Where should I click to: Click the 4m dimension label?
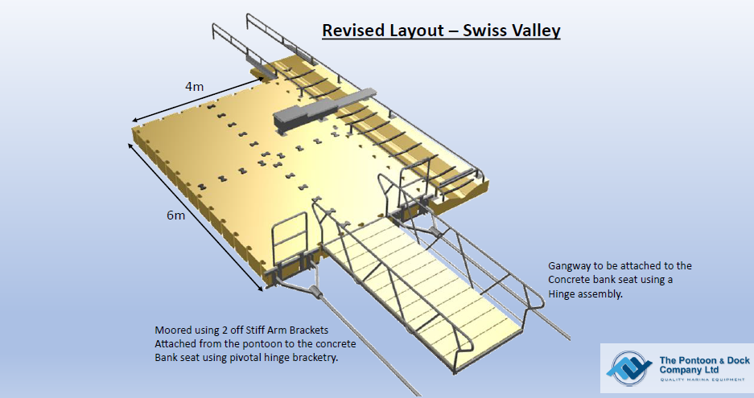tap(194, 87)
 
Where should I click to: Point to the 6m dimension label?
tap(176, 215)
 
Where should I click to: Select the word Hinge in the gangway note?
tap(560, 294)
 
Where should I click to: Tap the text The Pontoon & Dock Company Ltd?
tap(704, 365)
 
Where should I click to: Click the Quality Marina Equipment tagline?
tap(702, 380)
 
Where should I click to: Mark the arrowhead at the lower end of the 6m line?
tap(261, 289)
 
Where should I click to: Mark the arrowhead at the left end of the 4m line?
tap(136, 120)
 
